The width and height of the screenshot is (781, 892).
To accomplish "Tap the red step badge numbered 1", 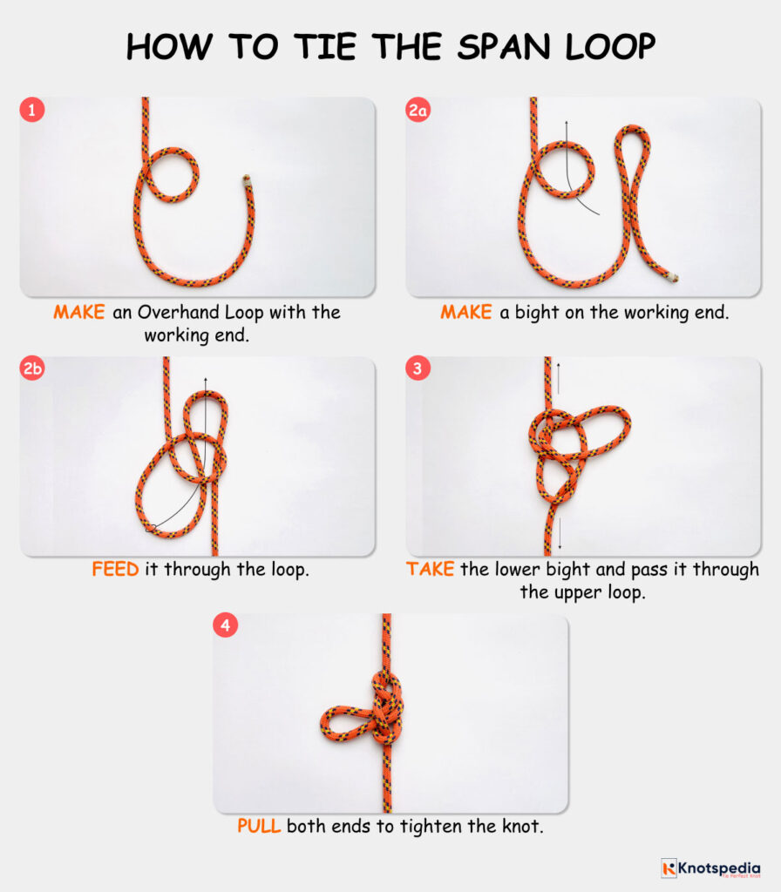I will point(32,111).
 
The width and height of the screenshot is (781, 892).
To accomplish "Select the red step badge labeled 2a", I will point(418,111).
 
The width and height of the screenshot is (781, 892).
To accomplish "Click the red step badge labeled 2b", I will point(32,369).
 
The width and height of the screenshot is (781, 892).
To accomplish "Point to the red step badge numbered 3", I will point(418,369).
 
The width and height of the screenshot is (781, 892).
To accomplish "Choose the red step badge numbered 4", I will point(226,627).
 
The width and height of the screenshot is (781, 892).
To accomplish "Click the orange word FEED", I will point(115,570).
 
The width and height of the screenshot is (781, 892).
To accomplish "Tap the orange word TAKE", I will point(430,570).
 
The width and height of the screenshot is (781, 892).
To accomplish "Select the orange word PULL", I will point(259,826).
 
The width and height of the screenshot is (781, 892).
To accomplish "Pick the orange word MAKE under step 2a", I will point(466,312).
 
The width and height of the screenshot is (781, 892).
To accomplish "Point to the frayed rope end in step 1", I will point(246,182).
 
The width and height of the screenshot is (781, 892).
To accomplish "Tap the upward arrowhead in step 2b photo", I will point(206,381).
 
